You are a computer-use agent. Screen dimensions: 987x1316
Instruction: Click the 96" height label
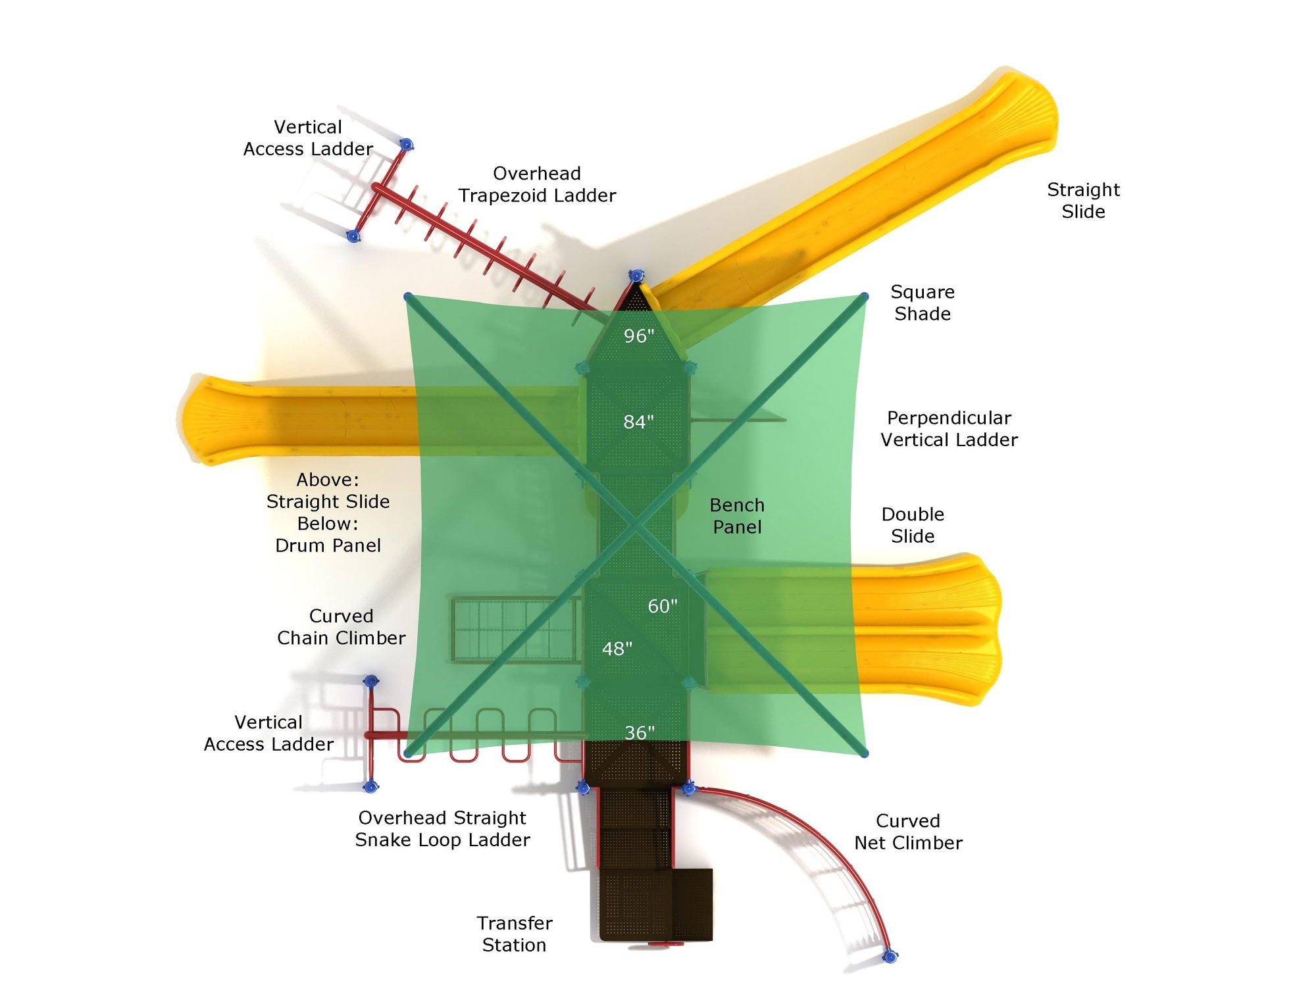coord(638,336)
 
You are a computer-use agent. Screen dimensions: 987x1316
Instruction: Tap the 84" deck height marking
coord(638,422)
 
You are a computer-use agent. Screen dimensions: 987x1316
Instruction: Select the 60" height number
coord(662,606)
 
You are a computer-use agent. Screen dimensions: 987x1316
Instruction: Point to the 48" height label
coord(617,649)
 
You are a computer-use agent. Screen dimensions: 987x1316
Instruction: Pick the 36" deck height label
coord(639,733)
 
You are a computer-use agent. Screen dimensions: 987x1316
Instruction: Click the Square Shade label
coord(922,303)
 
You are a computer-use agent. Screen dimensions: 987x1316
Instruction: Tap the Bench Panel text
coord(737,516)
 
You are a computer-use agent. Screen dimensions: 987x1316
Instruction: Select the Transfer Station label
coord(515,934)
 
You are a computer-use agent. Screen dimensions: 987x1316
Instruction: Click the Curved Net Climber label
coord(908,832)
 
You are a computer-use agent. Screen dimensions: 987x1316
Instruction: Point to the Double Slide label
coord(913,525)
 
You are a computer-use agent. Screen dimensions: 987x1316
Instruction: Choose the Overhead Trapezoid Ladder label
coord(537,184)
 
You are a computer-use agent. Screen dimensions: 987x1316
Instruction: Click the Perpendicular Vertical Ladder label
coord(949,428)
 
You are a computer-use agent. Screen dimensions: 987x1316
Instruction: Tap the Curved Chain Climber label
coord(341,626)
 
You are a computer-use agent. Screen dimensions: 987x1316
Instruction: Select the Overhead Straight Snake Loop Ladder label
coord(442,828)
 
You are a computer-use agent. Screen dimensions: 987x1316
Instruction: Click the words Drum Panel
coord(328,545)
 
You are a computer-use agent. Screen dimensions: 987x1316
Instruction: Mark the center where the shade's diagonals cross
coord(636,525)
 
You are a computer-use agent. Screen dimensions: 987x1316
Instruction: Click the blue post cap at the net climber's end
coord(890,955)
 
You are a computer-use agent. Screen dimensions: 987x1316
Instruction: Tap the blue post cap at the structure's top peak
coord(636,276)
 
